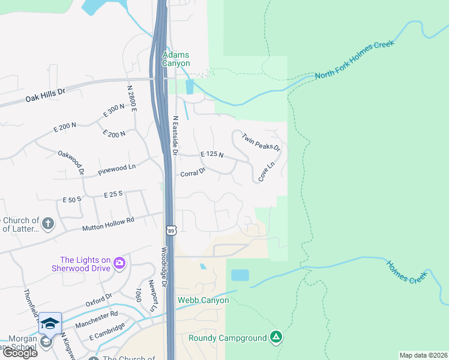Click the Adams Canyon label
pos(176,59)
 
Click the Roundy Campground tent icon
pos(276,338)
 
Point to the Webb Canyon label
pos(203,300)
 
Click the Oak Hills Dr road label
pos(45,95)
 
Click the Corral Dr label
pos(193,173)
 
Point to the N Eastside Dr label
pos(176,136)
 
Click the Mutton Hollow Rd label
pos(108,225)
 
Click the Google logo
pos(20,353)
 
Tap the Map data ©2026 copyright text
pos(423,355)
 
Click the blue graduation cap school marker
pos(50,323)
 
